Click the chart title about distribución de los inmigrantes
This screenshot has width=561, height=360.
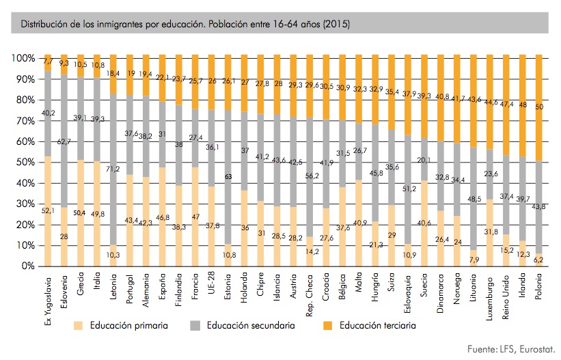(x=186, y=25)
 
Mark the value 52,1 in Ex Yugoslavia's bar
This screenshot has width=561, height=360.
(x=46, y=210)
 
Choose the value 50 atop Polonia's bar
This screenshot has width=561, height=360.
(x=539, y=107)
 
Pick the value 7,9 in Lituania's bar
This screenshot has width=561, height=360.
(x=474, y=258)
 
